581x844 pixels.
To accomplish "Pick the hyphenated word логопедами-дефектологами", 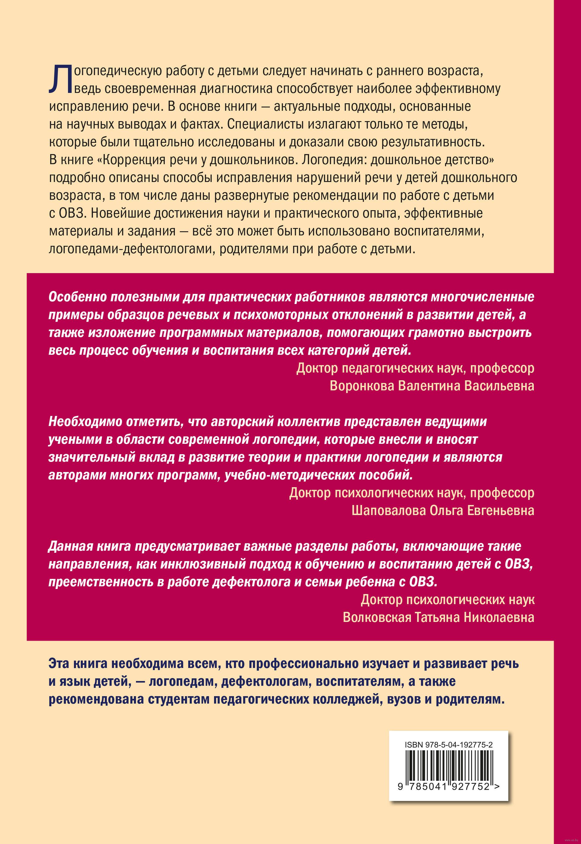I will [132, 249].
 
